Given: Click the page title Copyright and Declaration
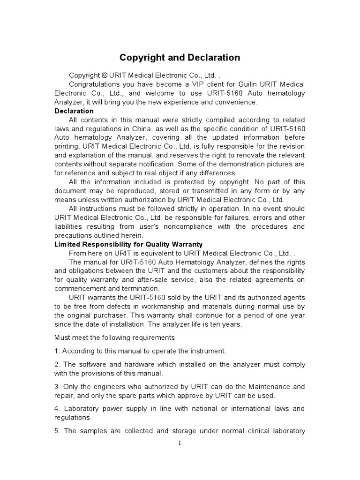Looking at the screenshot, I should [180, 58].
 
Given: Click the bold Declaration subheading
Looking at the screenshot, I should [74, 111].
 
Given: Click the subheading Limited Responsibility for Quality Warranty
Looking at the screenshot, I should [129, 244].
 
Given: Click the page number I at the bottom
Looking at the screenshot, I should [180, 443].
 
